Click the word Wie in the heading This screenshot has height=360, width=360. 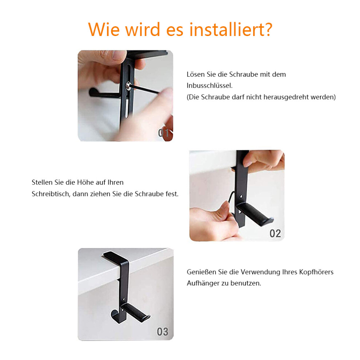(104, 29)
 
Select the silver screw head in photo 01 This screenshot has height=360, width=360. (128, 86)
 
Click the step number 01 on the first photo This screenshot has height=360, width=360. (164, 133)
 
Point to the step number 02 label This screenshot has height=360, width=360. (275, 233)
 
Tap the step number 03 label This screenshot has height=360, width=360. (163, 332)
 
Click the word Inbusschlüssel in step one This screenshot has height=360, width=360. (209, 86)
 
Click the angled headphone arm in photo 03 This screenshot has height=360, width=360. (136, 312)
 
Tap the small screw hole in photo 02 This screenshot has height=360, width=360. (241, 197)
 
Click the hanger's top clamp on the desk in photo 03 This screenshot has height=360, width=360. (116, 257)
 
